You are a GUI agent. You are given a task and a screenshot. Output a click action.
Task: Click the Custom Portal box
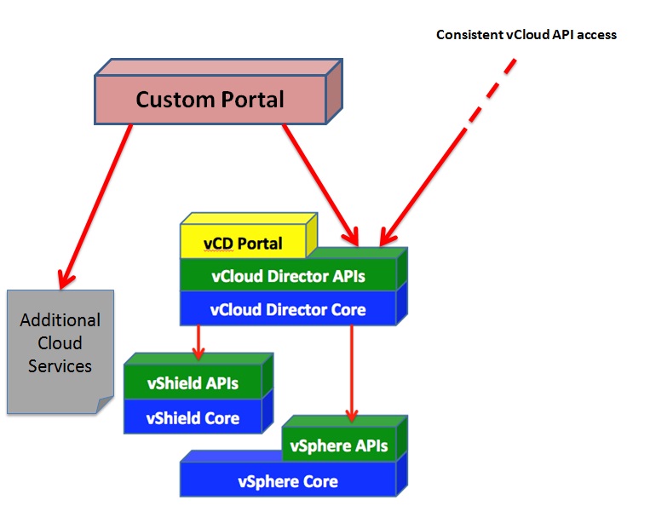pyautogui.click(x=218, y=92)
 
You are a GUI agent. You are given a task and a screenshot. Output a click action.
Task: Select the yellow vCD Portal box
pyautogui.click(x=249, y=236)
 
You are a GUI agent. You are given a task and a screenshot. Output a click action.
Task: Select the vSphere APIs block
pyautogui.click(x=344, y=440)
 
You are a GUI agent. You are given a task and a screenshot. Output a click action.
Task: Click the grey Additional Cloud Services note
pyautogui.click(x=60, y=352)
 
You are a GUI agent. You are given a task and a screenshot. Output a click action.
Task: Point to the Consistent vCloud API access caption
pyautogui.click(x=527, y=35)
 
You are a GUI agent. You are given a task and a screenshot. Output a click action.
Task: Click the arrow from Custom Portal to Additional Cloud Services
pyautogui.click(x=95, y=207)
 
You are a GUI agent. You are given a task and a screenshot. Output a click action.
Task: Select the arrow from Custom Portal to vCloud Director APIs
pyautogui.click(x=321, y=186)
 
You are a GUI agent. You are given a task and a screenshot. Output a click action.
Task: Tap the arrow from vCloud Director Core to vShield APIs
pyautogui.click(x=199, y=342)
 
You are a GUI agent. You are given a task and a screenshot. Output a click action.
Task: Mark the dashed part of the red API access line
pyautogui.click(x=491, y=93)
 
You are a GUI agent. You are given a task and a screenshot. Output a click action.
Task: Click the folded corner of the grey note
pyautogui.click(x=105, y=405)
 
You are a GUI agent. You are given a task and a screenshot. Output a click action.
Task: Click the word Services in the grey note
pyautogui.click(x=60, y=366)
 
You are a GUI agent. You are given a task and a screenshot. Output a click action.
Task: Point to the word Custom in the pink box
pyautogui.click(x=175, y=100)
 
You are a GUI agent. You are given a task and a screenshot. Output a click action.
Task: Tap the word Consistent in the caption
pyautogui.click(x=469, y=35)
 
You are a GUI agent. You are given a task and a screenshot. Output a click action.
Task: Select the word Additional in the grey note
pyautogui.click(x=60, y=320)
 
